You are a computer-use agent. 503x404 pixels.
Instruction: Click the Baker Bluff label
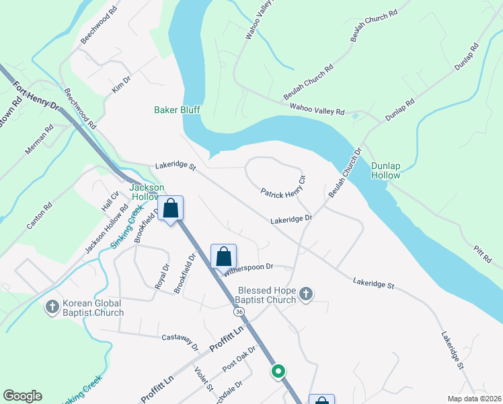coord(177,110)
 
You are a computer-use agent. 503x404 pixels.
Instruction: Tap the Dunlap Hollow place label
coord(386,170)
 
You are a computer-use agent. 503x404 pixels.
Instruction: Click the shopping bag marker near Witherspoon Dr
coord(224,257)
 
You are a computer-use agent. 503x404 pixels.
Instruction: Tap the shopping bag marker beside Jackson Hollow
coord(171,209)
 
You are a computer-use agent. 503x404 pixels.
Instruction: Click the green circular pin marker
coord(278,371)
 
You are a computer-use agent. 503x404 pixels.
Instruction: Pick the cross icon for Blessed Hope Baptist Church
coord(305,294)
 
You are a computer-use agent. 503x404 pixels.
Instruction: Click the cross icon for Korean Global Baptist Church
coord(52,307)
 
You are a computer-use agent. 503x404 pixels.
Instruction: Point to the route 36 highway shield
coord(239,312)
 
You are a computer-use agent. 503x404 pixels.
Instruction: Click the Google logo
coord(22,396)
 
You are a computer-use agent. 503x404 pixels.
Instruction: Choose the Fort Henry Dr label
coord(37,97)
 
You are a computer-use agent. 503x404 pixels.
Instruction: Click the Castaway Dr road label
coord(180,341)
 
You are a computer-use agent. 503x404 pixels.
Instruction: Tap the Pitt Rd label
coord(483,253)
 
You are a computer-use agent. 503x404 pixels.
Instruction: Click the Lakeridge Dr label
coord(292,220)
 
